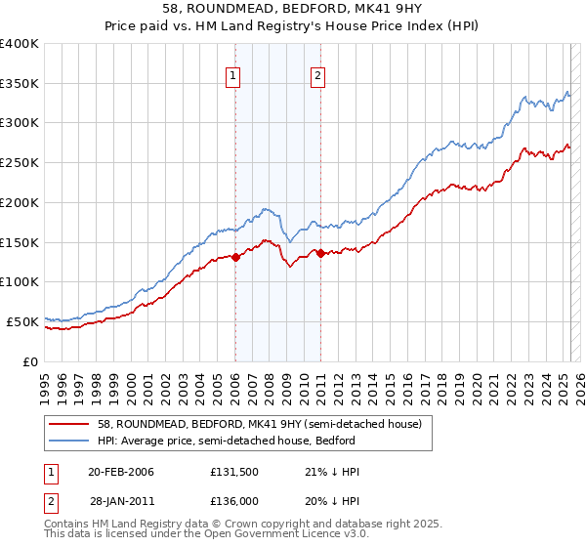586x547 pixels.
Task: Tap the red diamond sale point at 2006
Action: (x=235, y=258)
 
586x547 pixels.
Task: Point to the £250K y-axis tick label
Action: (x=21, y=163)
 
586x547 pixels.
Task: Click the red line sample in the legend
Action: (x=69, y=424)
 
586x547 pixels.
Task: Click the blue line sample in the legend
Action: (x=69, y=441)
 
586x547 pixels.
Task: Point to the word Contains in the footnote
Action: (x=67, y=525)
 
